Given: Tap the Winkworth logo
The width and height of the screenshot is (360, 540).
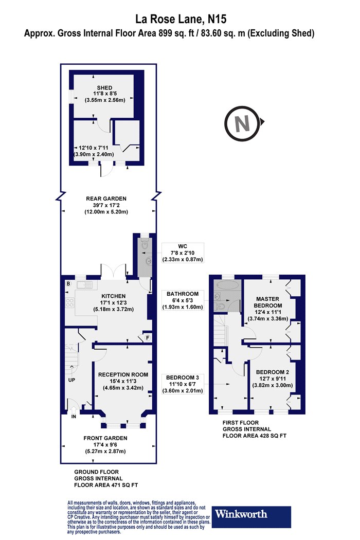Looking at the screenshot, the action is click(x=251, y=517).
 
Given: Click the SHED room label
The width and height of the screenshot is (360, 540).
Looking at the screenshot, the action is click(x=104, y=88).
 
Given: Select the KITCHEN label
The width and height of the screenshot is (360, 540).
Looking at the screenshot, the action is click(x=113, y=296).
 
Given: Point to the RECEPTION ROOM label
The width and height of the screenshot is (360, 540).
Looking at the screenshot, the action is click(x=123, y=375).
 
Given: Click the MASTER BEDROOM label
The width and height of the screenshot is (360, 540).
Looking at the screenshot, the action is click(x=267, y=302).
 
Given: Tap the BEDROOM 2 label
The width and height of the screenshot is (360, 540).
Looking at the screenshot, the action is click(x=272, y=372).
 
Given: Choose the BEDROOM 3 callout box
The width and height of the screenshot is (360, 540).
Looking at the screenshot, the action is click(x=183, y=384).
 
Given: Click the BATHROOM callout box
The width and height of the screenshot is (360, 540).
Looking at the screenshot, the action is click(x=183, y=300).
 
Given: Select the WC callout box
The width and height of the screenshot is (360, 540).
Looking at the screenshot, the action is click(x=183, y=253).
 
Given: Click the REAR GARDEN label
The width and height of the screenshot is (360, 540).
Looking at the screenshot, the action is click(x=106, y=199).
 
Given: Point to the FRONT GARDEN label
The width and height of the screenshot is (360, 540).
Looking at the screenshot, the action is click(x=105, y=438).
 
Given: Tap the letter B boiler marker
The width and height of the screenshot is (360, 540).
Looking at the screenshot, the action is click(x=68, y=284).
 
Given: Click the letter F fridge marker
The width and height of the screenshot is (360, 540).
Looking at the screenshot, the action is click(x=148, y=338).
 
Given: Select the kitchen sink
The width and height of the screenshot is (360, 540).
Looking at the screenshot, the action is click(x=85, y=285).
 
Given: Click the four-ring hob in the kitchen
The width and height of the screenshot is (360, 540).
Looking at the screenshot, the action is click(x=69, y=303).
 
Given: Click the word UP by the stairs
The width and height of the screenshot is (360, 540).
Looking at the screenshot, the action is click(x=71, y=380).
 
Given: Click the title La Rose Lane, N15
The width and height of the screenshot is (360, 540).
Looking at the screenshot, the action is click(x=181, y=19).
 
